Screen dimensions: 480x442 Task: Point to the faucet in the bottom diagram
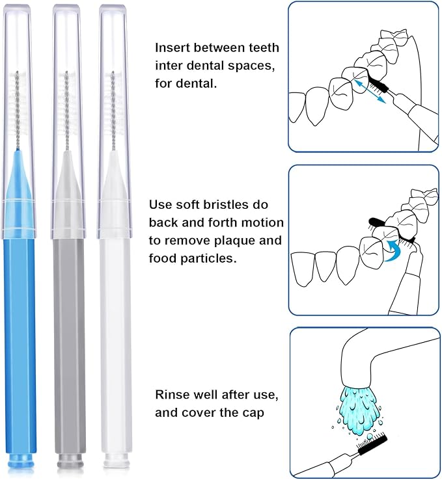371,354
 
